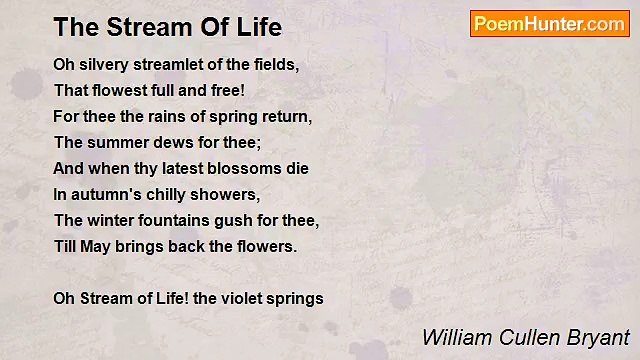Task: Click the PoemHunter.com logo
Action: coord(550,24)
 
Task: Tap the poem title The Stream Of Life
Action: coord(168,26)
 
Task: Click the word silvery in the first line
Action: coord(103,64)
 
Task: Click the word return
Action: coord(287,116)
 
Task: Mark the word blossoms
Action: coord(243,168)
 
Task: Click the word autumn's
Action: coord(106,194)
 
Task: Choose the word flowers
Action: coord(266,246)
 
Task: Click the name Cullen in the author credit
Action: coord(519,337)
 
